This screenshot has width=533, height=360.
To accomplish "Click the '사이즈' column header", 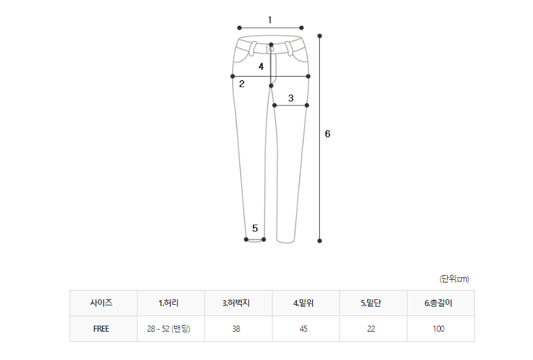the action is pyautogui.click(x=101, y=303).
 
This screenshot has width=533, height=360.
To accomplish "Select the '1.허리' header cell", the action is pyautogui.click(x=169, y=303).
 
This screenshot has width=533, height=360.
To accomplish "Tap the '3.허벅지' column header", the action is pyautogui.click(x=236, y=303).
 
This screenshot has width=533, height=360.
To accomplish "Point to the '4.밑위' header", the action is pyautogui.click(x=303, y=303).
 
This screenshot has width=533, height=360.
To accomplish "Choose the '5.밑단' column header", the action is pyautogui.click(x=371, y=303).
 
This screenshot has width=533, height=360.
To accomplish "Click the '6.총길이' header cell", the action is pyautogui.click(x=438, y=303).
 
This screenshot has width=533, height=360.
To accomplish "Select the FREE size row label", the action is pyautogui.click(x=101, y=329).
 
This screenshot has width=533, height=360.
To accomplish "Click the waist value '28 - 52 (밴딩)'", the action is pyautogui.click(x=169, y=329).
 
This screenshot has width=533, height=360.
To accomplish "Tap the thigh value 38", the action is pyautogui.click(x=236, y=329).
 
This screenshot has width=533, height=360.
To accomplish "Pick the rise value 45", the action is pyautogui.click(x=303, y=329).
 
